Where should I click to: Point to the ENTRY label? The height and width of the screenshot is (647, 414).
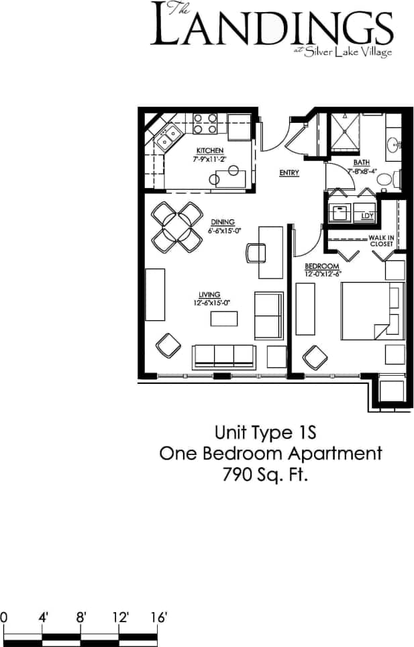coord(289,173)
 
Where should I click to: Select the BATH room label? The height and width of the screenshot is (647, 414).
coord(362,163)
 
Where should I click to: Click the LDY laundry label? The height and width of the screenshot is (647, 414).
coord(366,215)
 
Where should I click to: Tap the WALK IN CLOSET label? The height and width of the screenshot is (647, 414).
coord(380,241)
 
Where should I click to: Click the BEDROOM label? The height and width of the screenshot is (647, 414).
coord(318,266)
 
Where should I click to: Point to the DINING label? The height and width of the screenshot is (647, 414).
coord(221,222)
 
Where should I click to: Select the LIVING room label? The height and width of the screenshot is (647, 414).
coord(209,294)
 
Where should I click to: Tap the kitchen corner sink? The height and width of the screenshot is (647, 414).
coord(166,138)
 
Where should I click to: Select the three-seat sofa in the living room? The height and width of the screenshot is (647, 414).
coord(223,356)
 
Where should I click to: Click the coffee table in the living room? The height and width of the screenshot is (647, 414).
coord(223,319)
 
